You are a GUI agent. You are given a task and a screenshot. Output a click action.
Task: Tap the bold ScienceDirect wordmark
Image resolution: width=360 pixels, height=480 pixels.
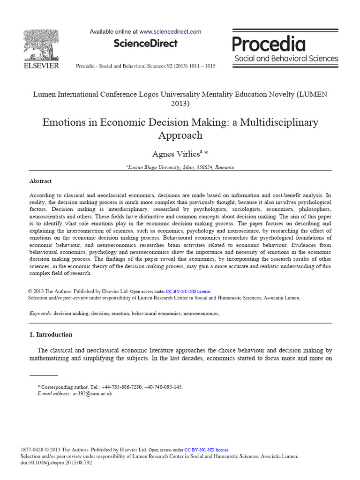point(146,44)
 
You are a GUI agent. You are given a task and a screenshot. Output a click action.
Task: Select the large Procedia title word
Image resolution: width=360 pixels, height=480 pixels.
point(269,45)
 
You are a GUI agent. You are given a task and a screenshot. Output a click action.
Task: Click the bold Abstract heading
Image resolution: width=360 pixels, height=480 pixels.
point(41,181)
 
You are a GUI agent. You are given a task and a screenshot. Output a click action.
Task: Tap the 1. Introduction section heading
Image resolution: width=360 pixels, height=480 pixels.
point(51,335)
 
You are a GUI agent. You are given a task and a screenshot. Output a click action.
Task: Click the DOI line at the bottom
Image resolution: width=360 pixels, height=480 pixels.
point(56,462)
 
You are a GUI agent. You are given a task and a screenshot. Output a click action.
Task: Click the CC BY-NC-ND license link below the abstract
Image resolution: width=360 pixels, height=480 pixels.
point(188,291)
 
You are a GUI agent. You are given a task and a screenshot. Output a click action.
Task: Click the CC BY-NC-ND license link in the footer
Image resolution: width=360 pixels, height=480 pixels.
point(207,449)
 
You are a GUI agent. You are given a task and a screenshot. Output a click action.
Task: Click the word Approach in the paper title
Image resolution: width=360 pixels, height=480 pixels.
point(180,135)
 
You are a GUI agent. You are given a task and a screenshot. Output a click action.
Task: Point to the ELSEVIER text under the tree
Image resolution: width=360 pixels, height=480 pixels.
point(41,66)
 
